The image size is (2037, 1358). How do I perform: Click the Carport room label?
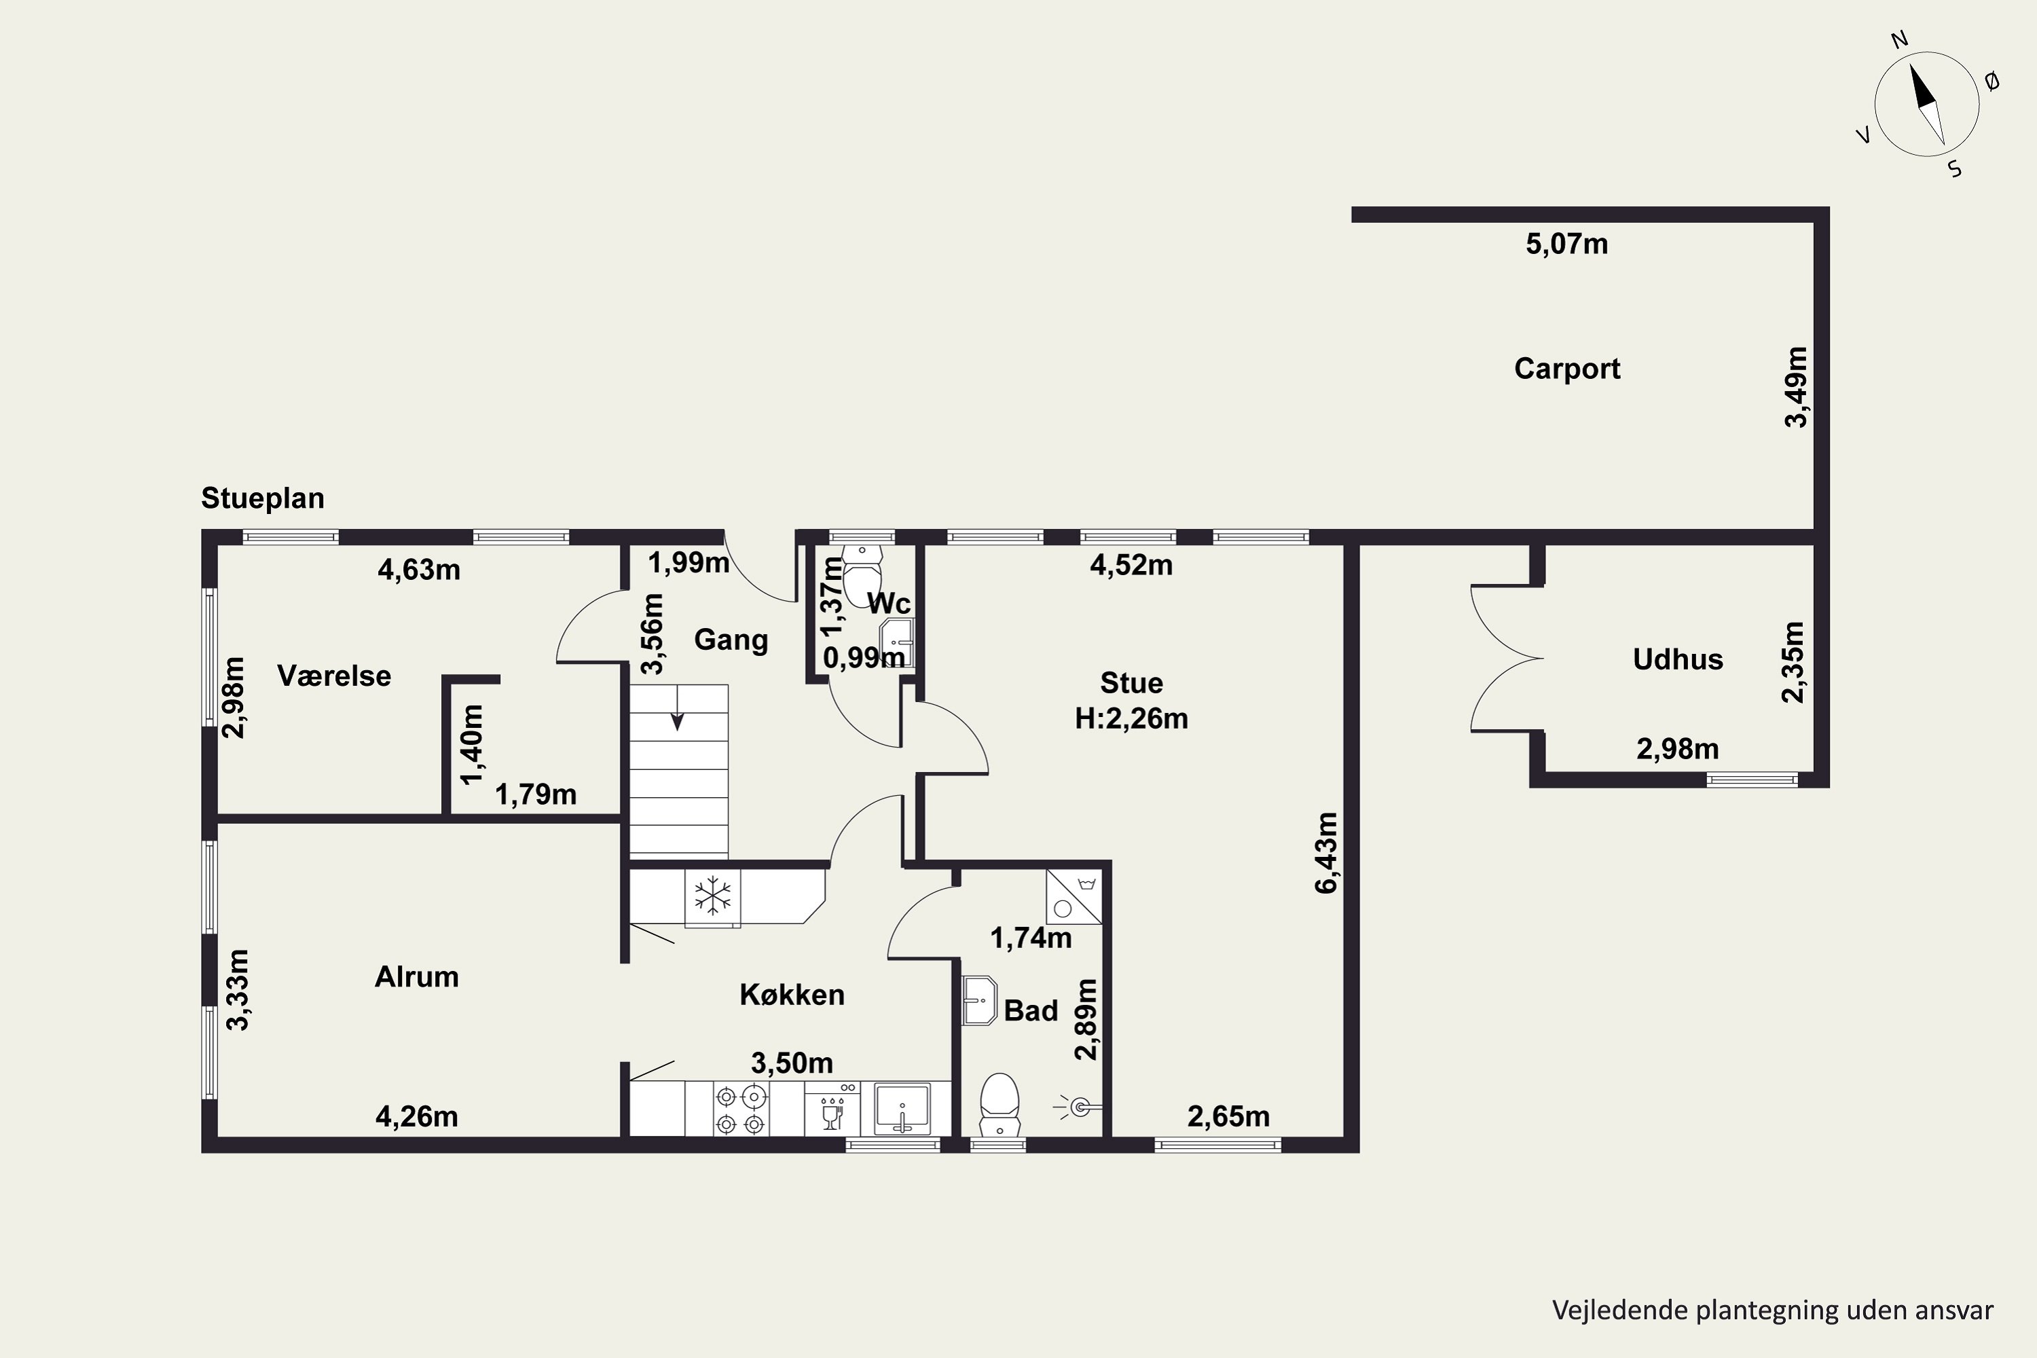click(x=1566, y=369)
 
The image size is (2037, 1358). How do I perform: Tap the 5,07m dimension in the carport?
click(x=1566, y=244)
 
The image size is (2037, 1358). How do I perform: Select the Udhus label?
click(x=1678, y=659)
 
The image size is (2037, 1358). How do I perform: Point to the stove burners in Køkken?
click(x=741, y=1110)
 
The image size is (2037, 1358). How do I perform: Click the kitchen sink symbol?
click(x=902, y=1109)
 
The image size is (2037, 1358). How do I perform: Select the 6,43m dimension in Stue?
click(x=1326, y=852)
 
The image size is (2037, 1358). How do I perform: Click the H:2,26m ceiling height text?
click(x=1131, y=719)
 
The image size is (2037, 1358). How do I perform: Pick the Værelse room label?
click(x=334, y=676)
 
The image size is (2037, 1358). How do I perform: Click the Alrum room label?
click(x=417, y=977)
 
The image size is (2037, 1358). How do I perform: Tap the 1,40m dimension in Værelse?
click(x=471, y=744)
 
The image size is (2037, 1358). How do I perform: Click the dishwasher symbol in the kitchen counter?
click(x=831, y=1109)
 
